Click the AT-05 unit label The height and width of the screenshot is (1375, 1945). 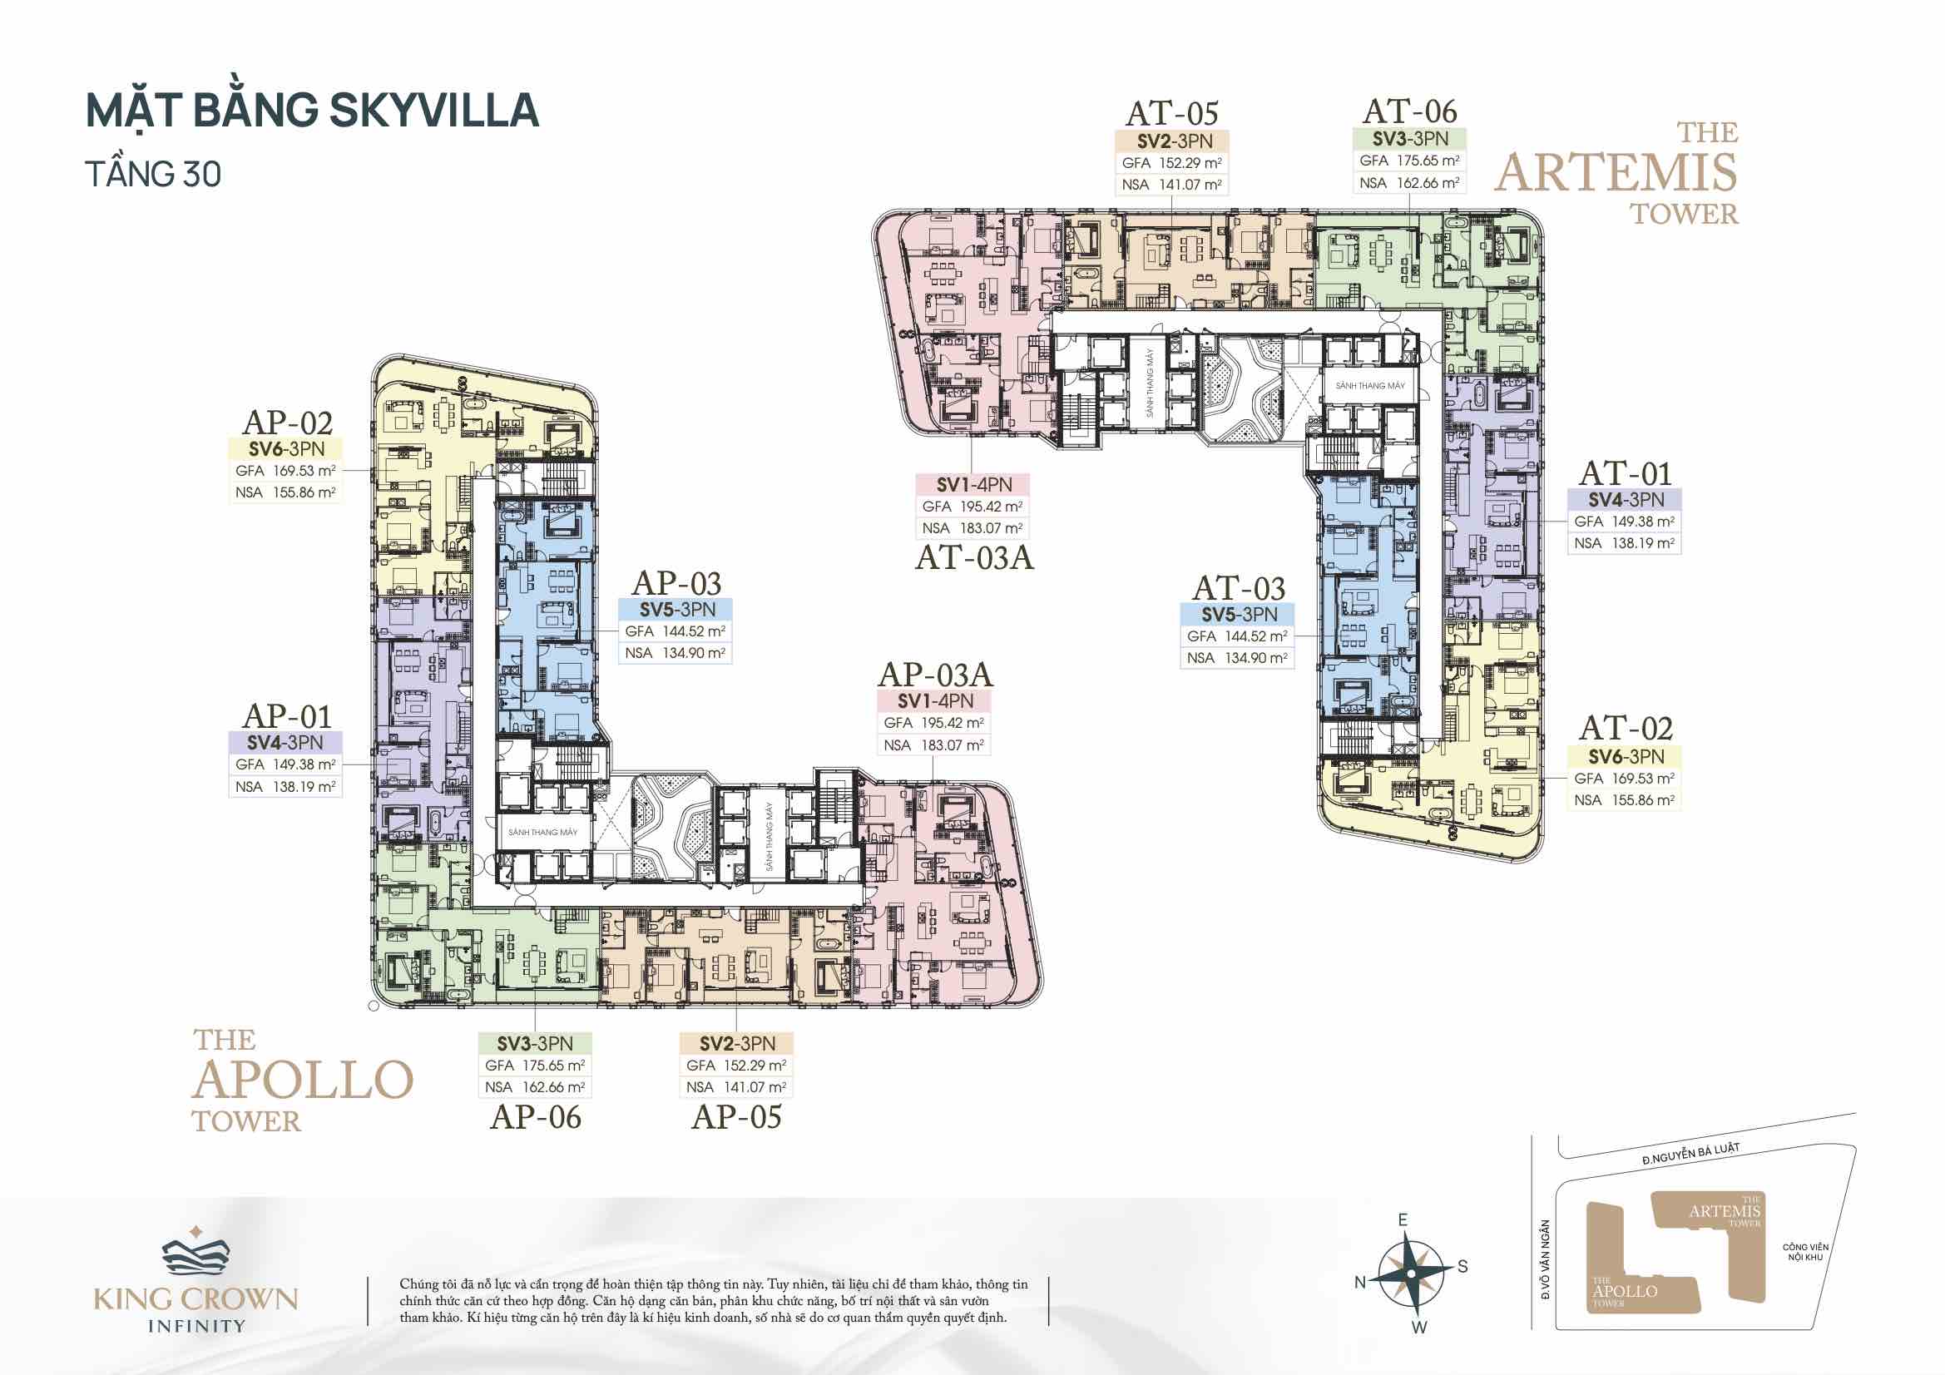tap(1172, 113)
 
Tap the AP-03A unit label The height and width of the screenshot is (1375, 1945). tap(935, 675)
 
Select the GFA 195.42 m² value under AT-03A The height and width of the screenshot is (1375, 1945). tap(972, 507)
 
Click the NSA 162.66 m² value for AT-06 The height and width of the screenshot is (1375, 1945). tap(1409, 183)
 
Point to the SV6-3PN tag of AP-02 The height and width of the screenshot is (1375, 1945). tap(286, 449)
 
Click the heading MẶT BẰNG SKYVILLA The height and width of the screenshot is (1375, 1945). tap(313, 111)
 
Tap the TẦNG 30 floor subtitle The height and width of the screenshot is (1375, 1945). tap(153, 175)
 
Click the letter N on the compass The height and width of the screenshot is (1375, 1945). tap(1359, 1283)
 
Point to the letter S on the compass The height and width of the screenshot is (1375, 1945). tap(1463, 1267)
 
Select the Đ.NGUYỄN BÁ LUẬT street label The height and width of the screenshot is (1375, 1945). tap(1691, 1154)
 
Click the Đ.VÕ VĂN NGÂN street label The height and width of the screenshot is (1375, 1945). tap(1545, 1259)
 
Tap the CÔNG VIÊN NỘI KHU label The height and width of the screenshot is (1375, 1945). tap(1805, 1252)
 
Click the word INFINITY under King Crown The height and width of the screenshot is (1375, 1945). tap(196, 1327)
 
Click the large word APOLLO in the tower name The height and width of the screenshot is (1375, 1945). tap(304, 1081)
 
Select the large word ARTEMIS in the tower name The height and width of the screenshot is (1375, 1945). tap(1616, 173)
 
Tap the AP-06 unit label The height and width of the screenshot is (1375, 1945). tap(536, 1117)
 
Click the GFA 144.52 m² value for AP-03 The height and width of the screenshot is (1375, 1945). tap(676, 631)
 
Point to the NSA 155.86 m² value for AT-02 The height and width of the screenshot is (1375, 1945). tap(1625, 800)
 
